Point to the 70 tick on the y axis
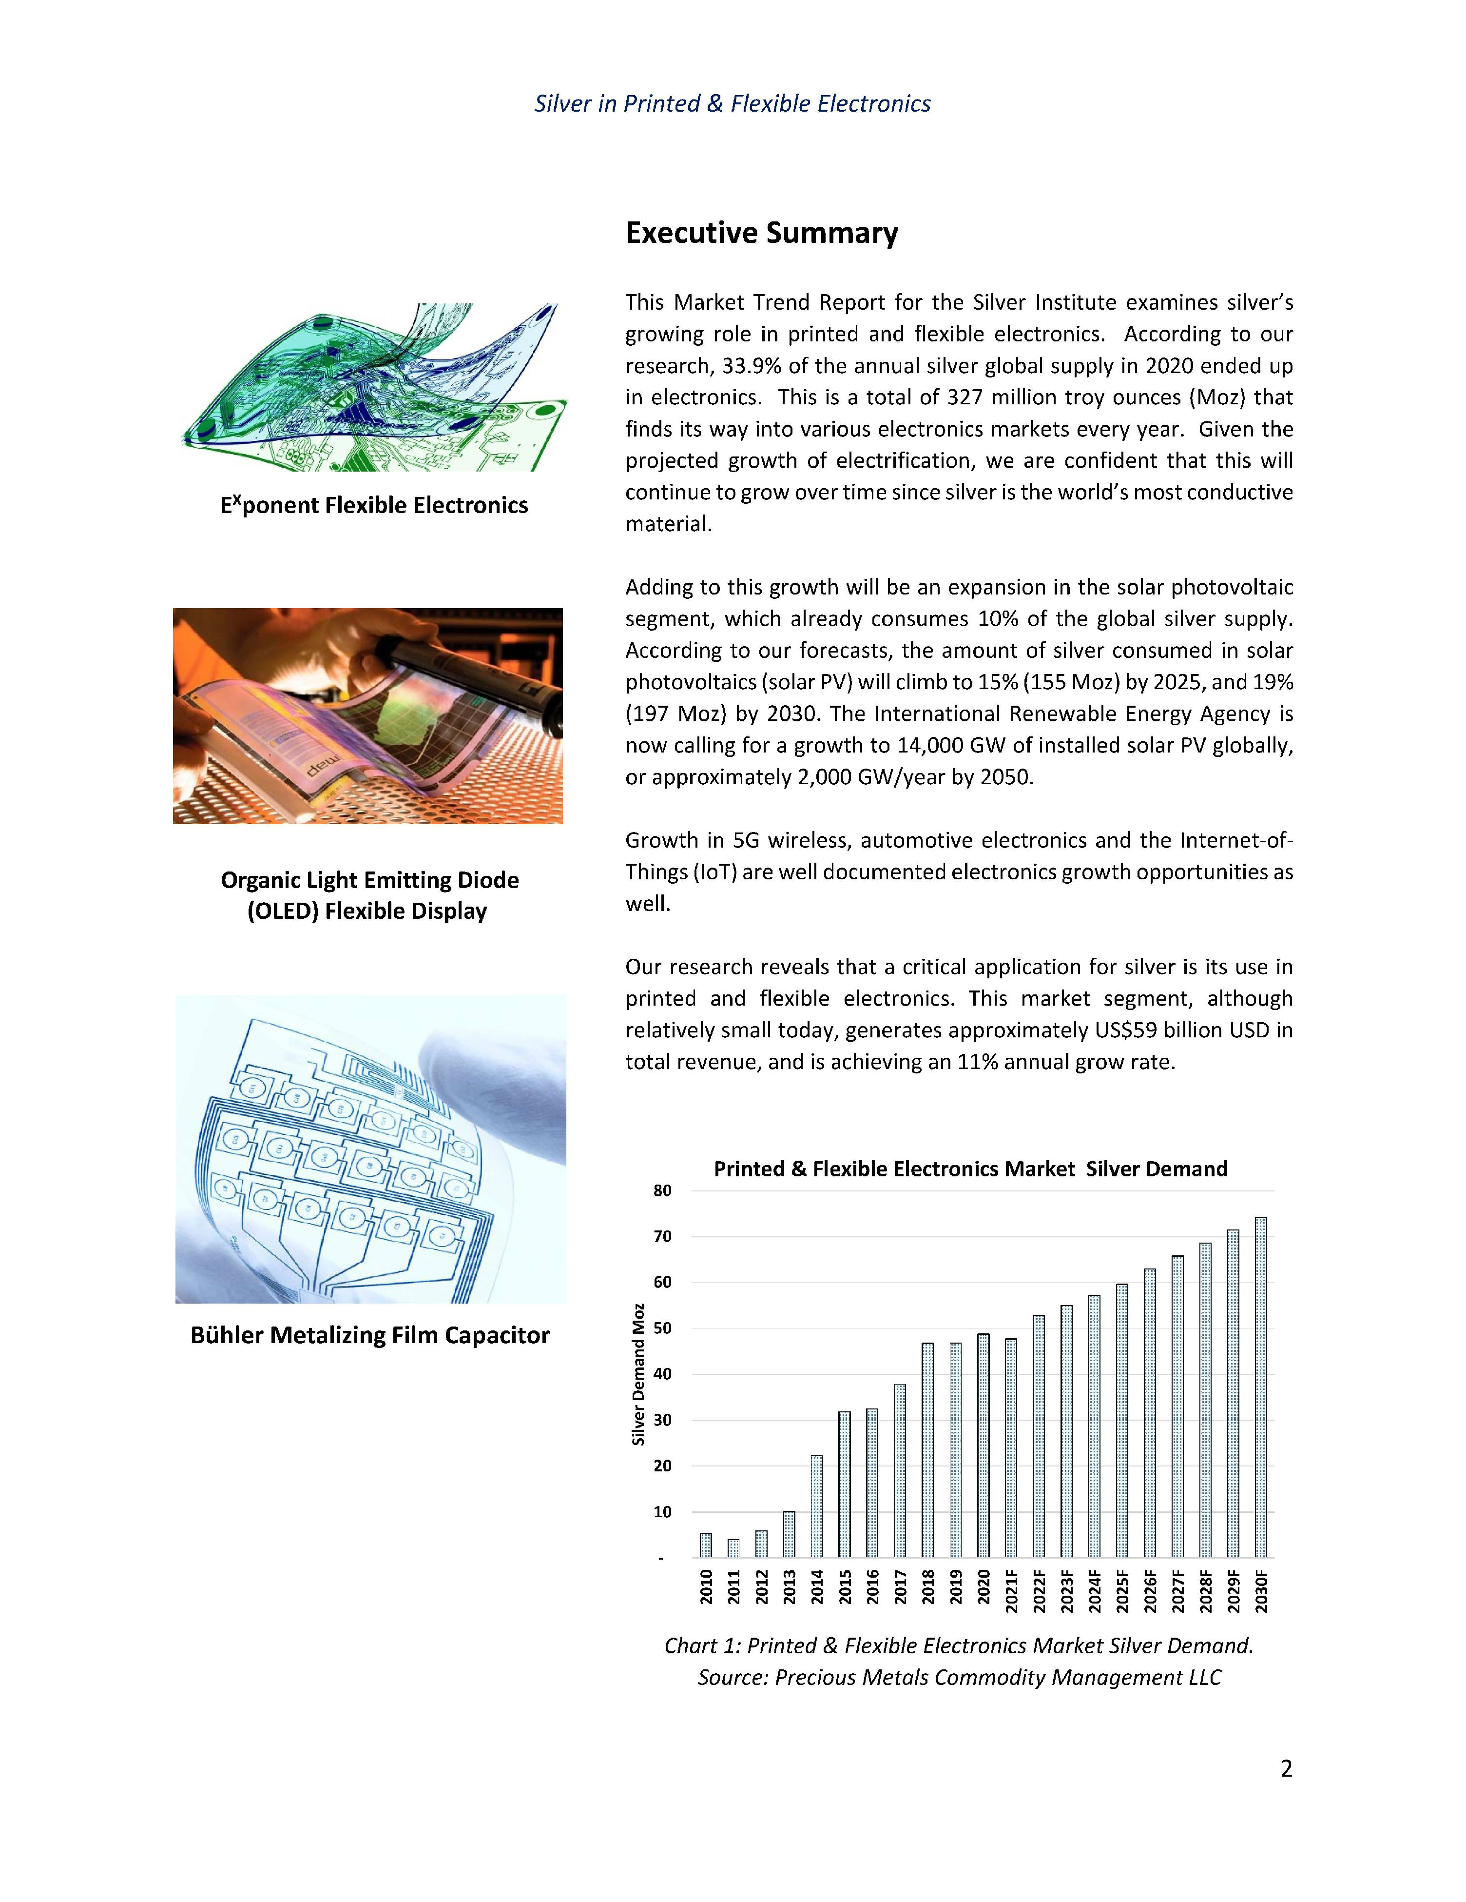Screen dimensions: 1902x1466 click(662, 1237)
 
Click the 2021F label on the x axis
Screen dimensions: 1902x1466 click(1011, 1591)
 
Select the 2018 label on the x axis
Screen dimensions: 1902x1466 click(928, 1587)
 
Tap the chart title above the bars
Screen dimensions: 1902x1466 click(970, 1169)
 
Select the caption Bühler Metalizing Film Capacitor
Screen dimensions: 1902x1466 click(370, 1336)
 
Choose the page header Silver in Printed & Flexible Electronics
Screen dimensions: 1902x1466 click(732, 103)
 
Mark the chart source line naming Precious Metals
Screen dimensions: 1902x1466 click(959, 1677)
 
